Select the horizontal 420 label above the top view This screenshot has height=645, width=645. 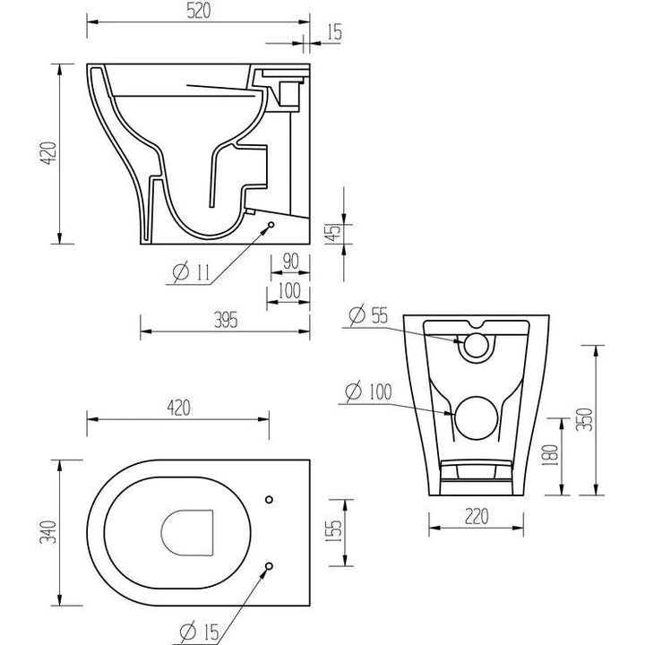(x=178, y=408)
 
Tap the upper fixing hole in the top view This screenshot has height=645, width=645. (x=270, y=498)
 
